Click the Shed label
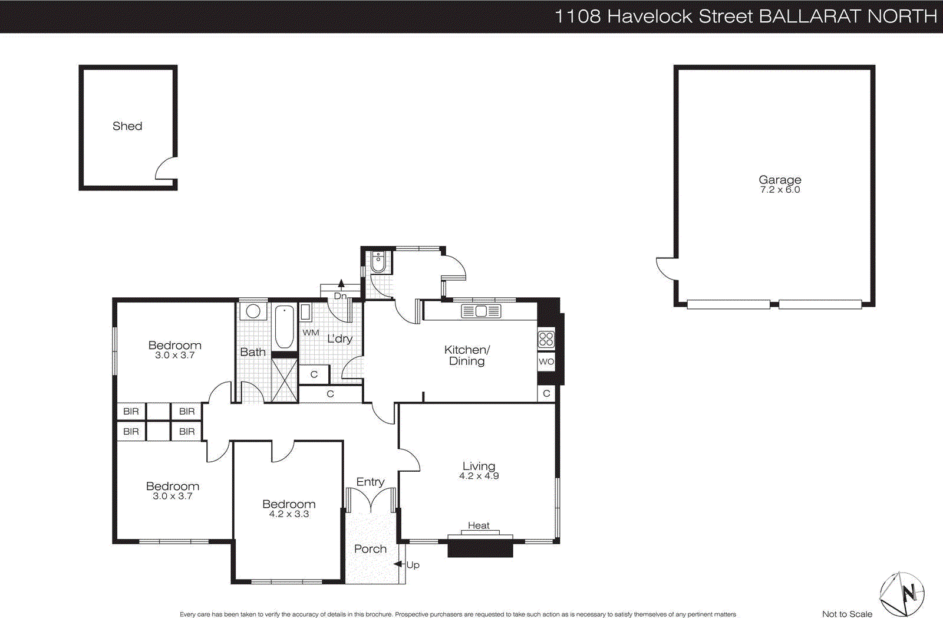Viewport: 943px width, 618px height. pyautogui.click(x=127, y=126)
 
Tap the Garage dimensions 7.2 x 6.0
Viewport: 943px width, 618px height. pyautogui.click(x=780, y=190)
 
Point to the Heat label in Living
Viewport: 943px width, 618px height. pyautogui.click(x=479, y=525)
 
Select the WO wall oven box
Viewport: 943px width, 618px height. pyautogui.click(x=546, y=361)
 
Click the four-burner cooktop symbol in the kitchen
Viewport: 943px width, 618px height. pyautogui.click(x=546, y=338)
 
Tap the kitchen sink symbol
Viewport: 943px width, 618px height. pyautogui.click(x=481, y=311)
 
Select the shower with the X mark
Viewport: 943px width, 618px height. pyautogui.click(x=284, y=380)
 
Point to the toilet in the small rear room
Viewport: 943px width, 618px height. pyautogui.click(x=378, y=262)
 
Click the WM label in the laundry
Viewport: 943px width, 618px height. pyautogui.click(x=311, y=333)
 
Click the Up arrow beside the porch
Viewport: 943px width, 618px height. pyautogui.click(x=399, y=564)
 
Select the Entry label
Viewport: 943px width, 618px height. pyautogui.click(x=370, y=482)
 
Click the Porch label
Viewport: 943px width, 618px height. pyautogui.click(x=370, y=549)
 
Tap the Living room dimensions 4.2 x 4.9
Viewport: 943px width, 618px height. pyautogui.click(x=479, y=476)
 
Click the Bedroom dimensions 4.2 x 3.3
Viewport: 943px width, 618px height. pyautogui.click(x=289, y=514)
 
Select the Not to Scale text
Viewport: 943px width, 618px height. pyautogui.click(x=847, y=614)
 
